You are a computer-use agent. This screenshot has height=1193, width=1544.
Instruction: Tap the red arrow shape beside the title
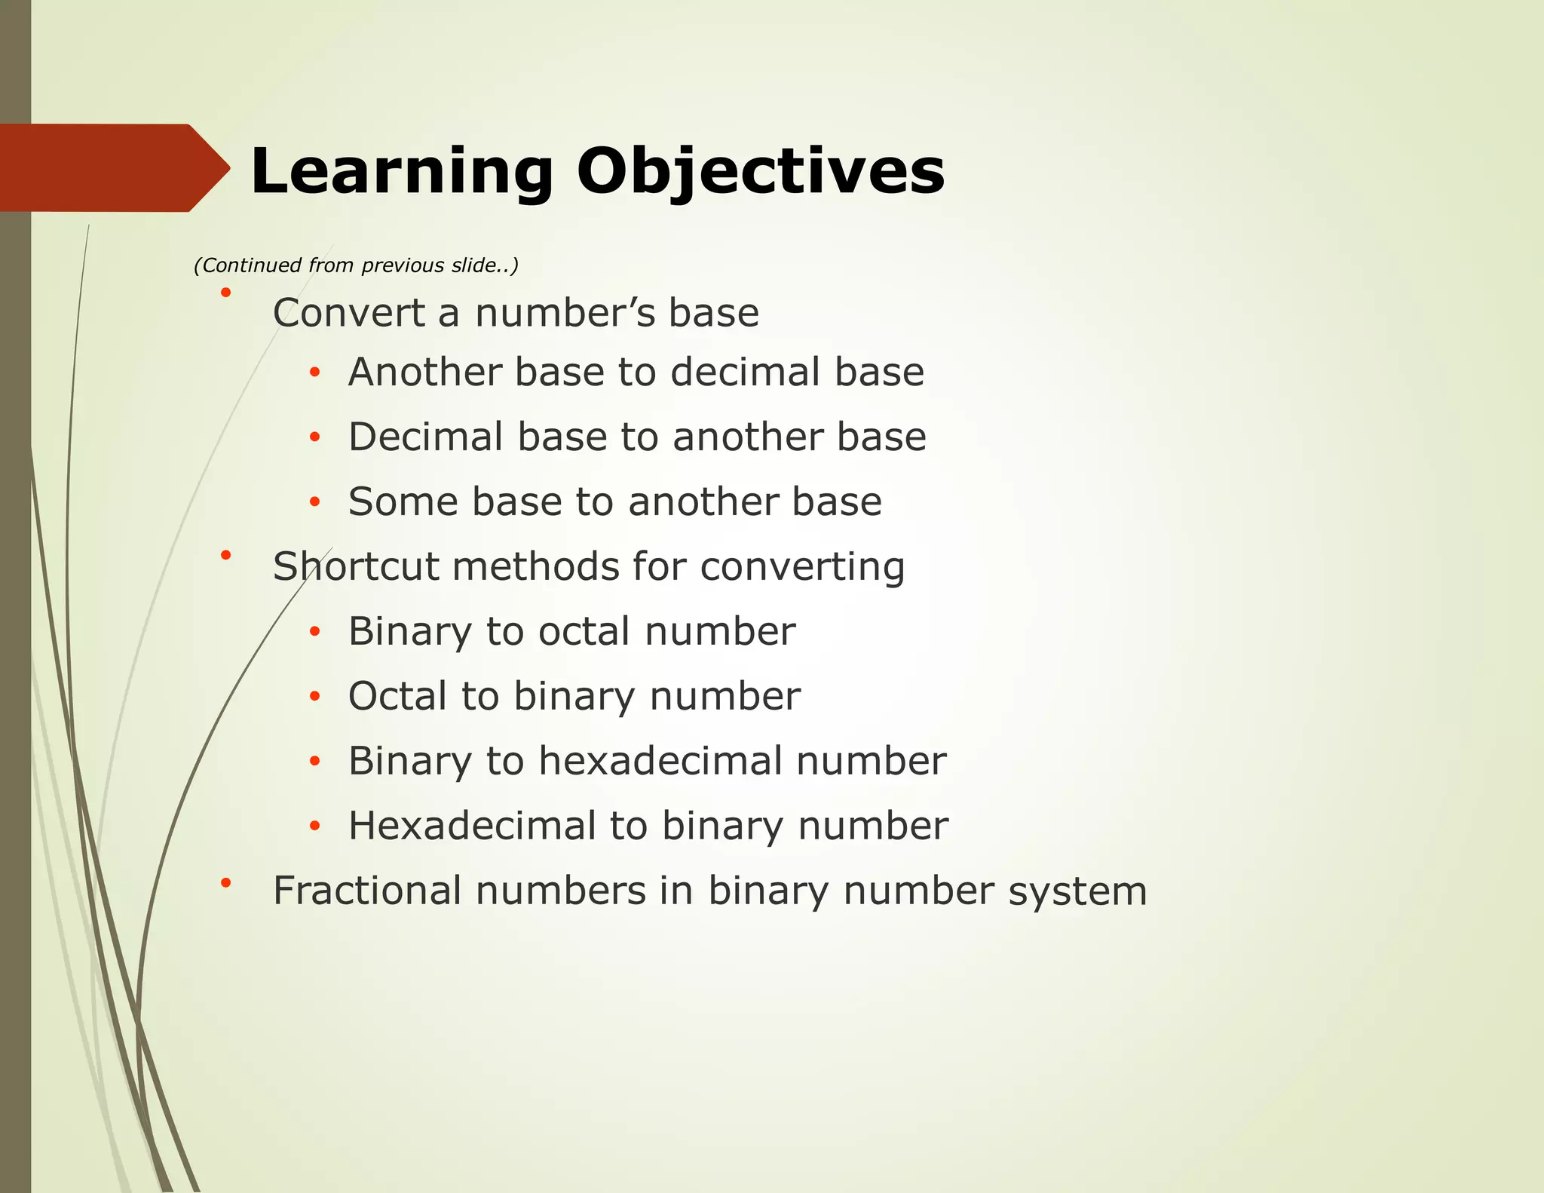tap(113, 167)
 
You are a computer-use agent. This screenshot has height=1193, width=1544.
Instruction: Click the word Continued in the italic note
tap(241, 265)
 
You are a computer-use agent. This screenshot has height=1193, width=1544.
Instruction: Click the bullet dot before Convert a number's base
tap(225, 292)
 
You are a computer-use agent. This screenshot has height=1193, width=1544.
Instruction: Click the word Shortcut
tap(355, 566)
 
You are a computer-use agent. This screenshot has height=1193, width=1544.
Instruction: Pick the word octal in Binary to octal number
tap(584, 631)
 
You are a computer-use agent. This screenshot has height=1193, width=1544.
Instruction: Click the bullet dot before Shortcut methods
tap(225, 556)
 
